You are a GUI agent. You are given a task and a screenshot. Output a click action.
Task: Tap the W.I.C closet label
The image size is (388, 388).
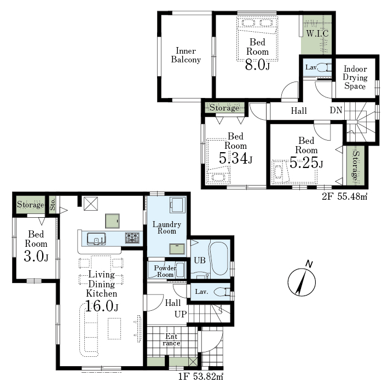click(317, 33)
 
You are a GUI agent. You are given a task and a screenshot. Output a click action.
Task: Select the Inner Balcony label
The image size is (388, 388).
click(186, 55)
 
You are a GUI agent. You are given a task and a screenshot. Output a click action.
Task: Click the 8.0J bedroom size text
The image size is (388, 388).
click(257, 65)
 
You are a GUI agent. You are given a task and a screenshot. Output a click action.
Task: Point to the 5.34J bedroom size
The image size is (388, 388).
click(235, 158)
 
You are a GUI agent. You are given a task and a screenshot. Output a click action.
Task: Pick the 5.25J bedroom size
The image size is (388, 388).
click(306, 163)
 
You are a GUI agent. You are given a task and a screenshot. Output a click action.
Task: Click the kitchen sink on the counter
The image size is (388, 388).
click(96, 239)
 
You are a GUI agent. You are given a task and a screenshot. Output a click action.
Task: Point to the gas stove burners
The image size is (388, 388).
click(132, 238)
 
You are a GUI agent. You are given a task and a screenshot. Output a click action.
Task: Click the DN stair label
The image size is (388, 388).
click(336, 110)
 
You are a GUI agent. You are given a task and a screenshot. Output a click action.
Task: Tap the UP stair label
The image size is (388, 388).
click(181, 314)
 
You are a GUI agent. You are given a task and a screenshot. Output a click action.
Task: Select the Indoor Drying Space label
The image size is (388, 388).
click(355, 78)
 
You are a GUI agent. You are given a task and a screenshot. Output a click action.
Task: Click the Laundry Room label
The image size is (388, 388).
click(167, 228)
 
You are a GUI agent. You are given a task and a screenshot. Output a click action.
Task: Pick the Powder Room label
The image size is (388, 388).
click(165, 271)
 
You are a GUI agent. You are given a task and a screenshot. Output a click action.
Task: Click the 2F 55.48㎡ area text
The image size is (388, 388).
click(344, 196)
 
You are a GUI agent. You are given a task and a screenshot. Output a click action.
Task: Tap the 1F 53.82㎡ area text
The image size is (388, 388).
click(201, 377)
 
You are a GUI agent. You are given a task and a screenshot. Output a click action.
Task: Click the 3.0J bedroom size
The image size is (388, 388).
click(36, 256)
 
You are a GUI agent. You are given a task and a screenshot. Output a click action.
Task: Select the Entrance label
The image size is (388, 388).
click(171, 339)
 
